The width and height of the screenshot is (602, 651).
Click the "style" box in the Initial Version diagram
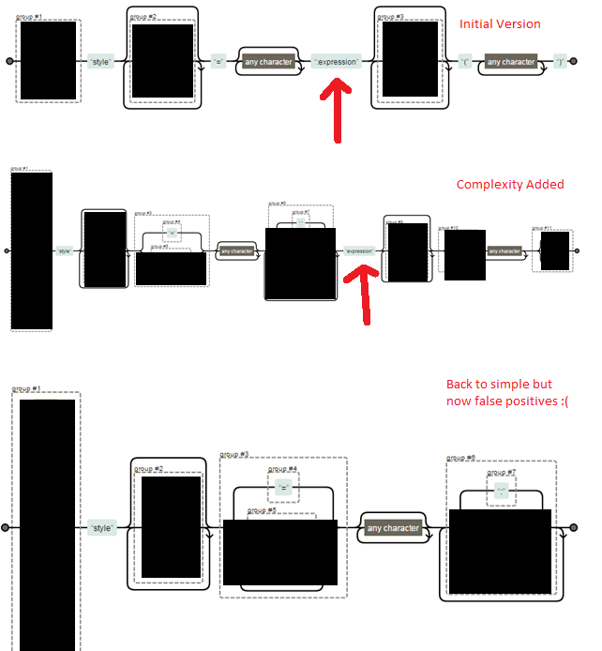point(100,62)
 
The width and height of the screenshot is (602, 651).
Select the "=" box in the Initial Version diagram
point(218,62)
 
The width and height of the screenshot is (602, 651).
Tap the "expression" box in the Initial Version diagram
point(336,62)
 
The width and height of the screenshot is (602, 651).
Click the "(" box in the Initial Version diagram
point(465,62)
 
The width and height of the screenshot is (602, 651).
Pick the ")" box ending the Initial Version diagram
point(560,62)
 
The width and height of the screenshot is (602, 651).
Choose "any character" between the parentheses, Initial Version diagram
point(511,62)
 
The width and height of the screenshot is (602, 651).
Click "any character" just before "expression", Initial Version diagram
point(268,62)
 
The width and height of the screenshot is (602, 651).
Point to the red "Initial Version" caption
point(500,24)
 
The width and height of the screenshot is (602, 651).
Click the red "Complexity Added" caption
point(510,185)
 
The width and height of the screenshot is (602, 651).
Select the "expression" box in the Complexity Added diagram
point(359,251)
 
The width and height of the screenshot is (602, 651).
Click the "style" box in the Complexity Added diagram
point(65,251)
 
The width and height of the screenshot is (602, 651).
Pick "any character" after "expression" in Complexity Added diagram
point(504,251)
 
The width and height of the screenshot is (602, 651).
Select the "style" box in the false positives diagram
point(101,528)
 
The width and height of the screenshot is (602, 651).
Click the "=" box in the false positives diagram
point(284,489)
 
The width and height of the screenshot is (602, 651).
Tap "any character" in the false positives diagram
point(393,528)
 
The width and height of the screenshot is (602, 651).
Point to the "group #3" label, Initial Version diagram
point(390,17)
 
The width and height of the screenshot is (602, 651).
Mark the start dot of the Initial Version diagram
point(9,62)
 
